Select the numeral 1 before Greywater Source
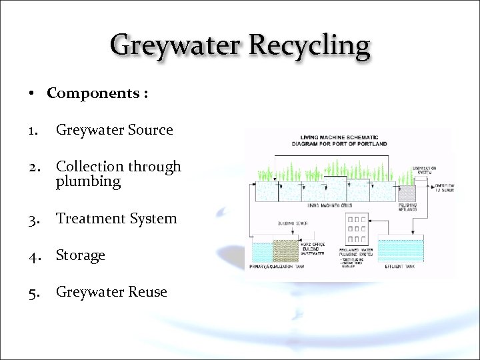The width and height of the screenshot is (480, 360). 33,131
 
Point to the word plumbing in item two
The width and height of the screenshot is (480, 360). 88,181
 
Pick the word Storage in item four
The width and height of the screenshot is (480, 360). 81,255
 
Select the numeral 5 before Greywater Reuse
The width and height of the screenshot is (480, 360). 33,292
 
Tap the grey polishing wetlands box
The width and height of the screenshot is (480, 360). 407,193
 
